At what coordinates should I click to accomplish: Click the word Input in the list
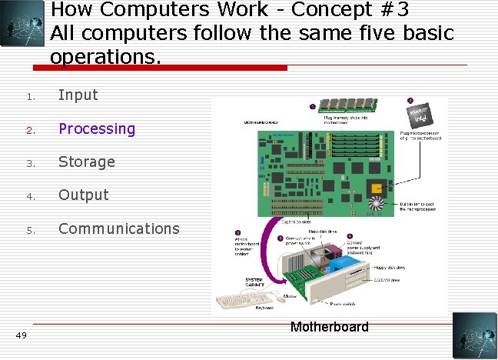pyautogui.click(x=78, y=95)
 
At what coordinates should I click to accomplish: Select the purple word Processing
pyautogui.click(x=97, y=128)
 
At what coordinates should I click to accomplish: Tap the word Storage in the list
pyautogui.click(x=87, y=162)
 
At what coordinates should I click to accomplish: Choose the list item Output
pyautogui.click(x=84, y=195)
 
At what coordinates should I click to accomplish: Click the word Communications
pyautogui.click(x=119, y=228)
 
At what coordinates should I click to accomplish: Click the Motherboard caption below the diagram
pyautogui.click(x=329, y=327)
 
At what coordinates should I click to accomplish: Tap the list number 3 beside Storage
pyautogui.click(x=28, y=162)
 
